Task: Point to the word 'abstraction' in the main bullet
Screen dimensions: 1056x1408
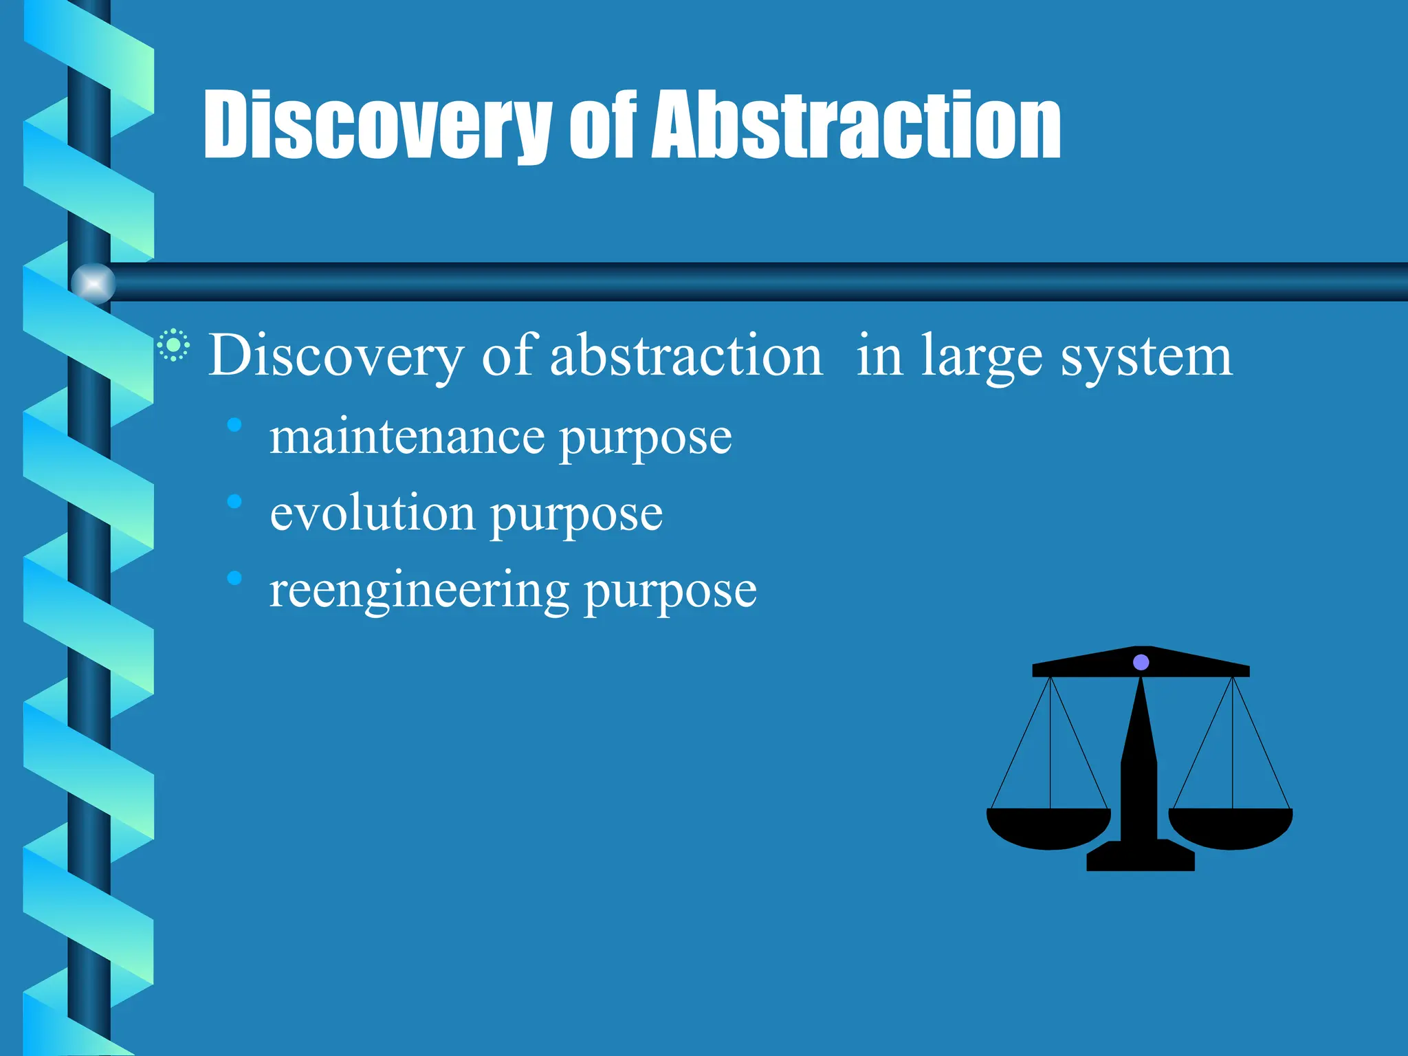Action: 686,355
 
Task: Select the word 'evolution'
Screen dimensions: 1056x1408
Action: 372,514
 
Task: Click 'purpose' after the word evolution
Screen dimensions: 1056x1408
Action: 576,517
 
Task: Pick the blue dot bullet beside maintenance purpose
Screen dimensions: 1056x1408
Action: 234,425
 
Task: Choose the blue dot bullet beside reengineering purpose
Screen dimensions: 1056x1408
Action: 234,578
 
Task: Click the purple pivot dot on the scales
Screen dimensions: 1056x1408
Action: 1141,662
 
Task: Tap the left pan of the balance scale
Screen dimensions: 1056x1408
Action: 1048,828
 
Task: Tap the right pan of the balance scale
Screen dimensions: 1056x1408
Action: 1231,828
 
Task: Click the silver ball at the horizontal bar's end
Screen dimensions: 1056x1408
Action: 93,283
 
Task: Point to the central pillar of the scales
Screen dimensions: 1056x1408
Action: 1139,770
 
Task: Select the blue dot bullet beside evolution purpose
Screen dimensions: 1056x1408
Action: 234,501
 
